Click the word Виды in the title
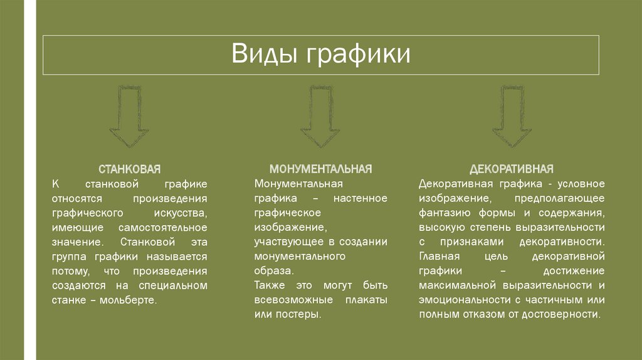[265, 54]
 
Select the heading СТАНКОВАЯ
[130, 169]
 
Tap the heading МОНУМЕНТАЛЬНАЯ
[320, 169]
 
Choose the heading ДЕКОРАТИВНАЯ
[512, 169]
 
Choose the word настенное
[360, 198]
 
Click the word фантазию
[443, 213]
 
